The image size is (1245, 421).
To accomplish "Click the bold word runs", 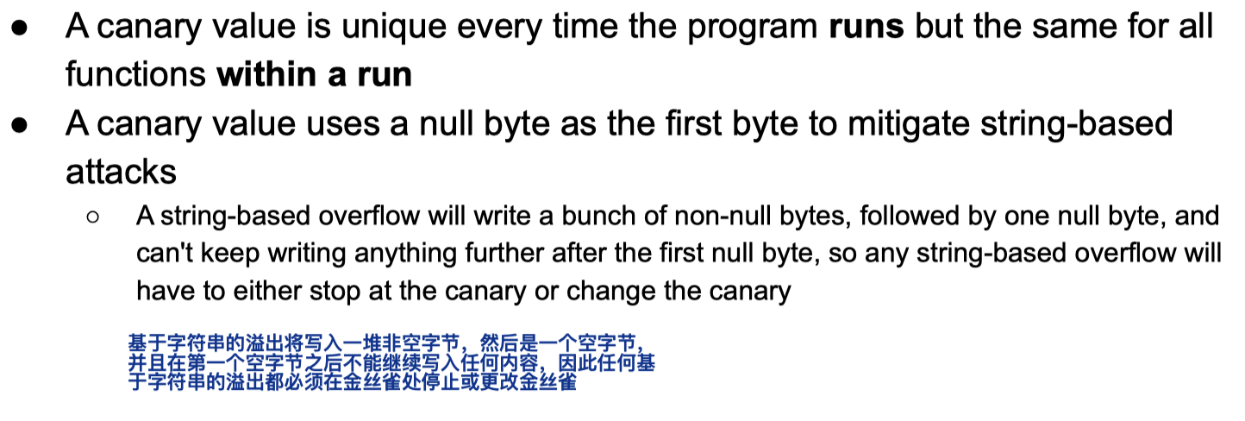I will [866, 26].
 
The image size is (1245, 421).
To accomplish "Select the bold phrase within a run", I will [314, 74].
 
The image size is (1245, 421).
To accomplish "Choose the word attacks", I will [121, 173].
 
